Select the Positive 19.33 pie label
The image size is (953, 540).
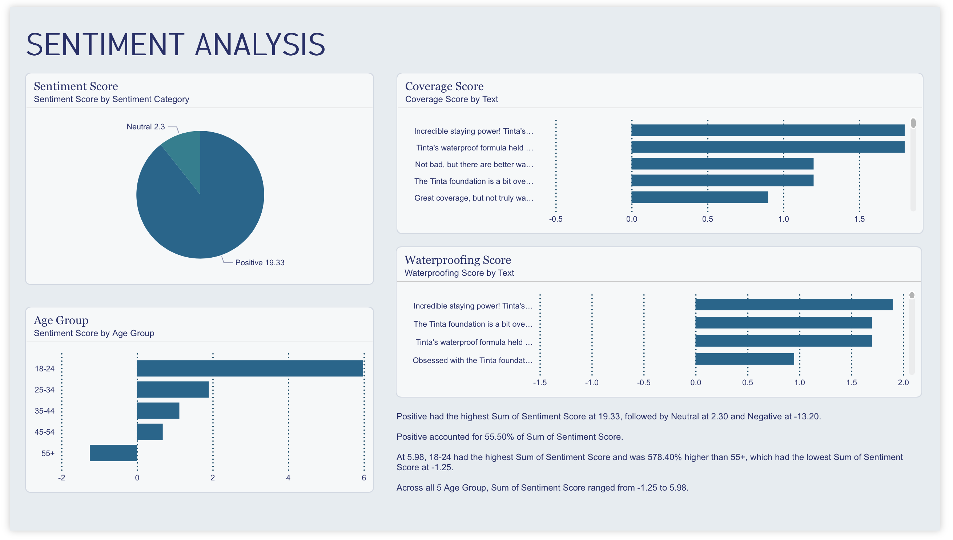click(259, 263)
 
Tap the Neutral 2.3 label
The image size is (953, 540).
click(145, 127)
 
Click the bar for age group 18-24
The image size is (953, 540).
click(250, 368)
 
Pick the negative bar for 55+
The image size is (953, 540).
click(113, 453)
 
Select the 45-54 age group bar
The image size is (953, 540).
click(150, 432)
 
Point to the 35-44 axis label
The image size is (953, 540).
click(44, 411)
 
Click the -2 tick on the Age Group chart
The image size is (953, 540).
click(61, 478)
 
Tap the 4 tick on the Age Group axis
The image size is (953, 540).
click(288, 478)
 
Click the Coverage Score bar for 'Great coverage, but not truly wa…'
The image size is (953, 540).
click(700, 197)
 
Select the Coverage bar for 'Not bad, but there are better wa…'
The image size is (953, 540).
click(722, 164)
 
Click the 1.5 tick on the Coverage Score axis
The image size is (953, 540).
click(859, 219)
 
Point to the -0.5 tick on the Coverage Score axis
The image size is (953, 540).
click(556, 219)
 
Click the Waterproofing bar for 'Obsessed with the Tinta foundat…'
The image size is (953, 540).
click(744, 359)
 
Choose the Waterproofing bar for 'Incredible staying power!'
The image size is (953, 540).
click(794, 305)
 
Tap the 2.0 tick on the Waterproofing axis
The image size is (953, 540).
click(903, 383)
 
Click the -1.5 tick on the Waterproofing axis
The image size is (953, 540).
click(540, 383)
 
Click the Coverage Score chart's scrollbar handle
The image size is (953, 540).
click(913, 123)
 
